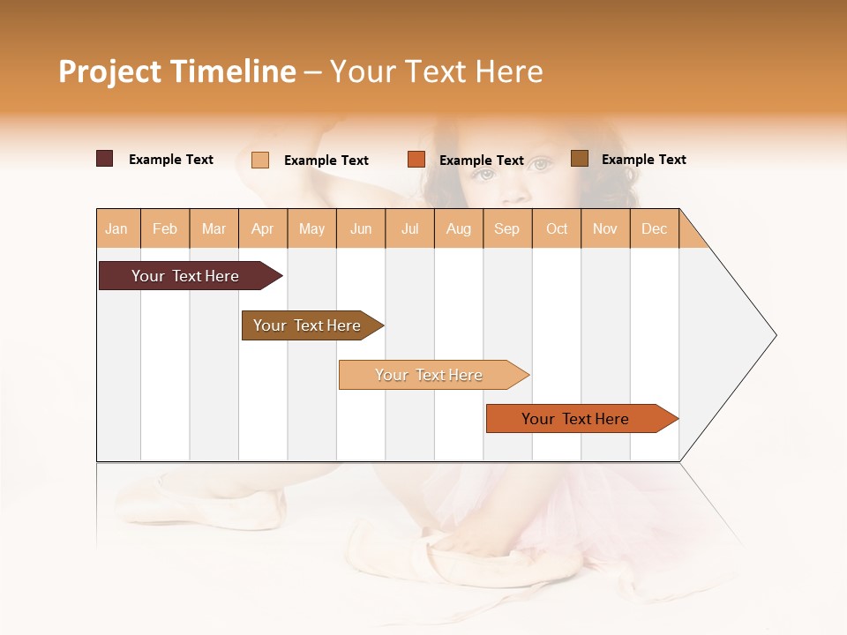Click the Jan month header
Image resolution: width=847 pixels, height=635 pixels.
[116, 228]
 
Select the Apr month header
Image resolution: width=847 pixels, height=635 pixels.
[262, 228]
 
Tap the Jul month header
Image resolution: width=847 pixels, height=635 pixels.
[409, 228]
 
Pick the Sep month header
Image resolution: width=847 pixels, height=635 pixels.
[506, 228]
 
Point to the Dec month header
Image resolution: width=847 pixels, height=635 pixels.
[654, 228]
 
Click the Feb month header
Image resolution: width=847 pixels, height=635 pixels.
[165, 228]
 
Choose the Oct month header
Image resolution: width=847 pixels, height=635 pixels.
[557, 228]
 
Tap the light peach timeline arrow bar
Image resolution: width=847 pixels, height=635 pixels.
[431, 375]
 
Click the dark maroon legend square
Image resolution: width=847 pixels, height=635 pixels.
[104, 159]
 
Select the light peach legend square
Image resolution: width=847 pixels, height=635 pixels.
[259, 160]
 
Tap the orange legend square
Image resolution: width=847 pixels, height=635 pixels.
[416, 160]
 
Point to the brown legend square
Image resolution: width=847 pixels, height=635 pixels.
[579, 159]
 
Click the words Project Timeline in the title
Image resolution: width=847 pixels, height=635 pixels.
[176, 71]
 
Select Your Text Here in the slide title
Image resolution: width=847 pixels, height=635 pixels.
[436, 71]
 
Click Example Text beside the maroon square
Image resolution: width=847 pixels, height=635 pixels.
[171, 160]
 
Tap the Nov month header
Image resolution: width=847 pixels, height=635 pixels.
[604, 228]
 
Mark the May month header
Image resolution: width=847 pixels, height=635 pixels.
[311, 228]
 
